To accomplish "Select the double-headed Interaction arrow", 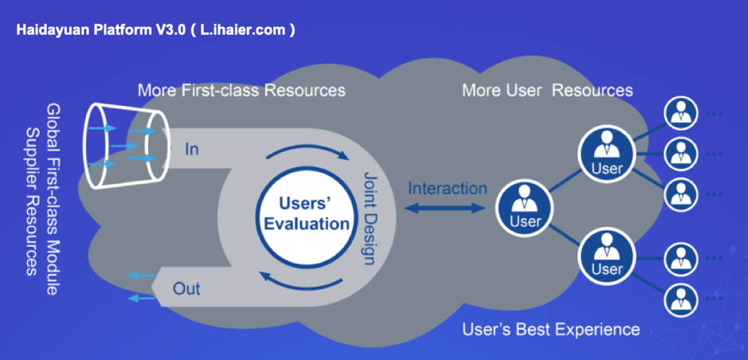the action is tap(444, 208).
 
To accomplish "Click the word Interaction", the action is tap(448, 188).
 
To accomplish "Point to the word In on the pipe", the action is tap(191, 149).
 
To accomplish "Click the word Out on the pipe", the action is tap(186, 288).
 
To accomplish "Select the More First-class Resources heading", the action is tap(241, 90).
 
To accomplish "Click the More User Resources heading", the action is tap(547, 90).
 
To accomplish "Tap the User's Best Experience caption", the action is tap(551, 329).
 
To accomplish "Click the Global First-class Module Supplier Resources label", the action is tap(42, 200).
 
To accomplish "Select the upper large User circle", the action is tap(607, 154).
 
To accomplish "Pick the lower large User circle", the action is tap(607, 256).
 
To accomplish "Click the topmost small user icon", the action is tap(681, 113).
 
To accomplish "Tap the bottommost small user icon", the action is tap(681, 300).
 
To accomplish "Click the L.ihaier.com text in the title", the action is tap(245, 30).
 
